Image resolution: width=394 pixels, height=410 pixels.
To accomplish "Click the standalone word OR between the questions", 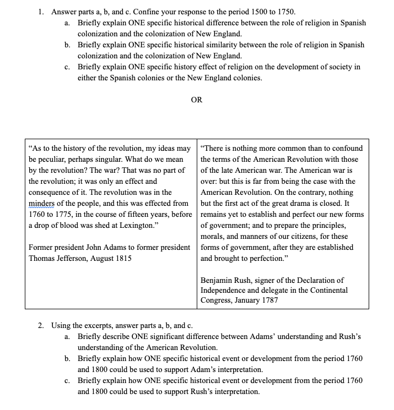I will coord(197,100).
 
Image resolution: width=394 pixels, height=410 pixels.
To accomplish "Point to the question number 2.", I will coord(41,325).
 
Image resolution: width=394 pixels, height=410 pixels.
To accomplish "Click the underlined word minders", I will coord(41,203).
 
